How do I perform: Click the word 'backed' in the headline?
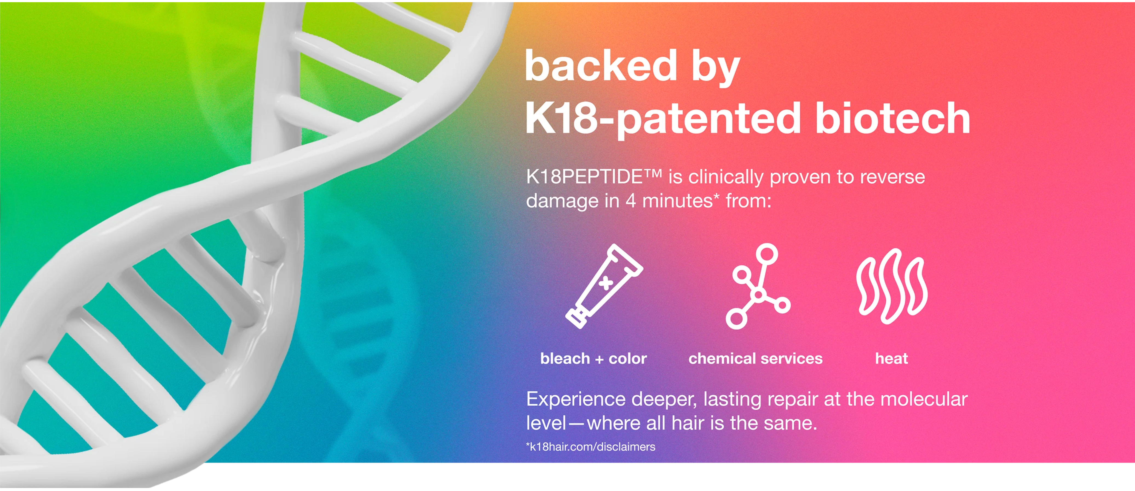tap(601, 66)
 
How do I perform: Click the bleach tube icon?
tap(604, 286)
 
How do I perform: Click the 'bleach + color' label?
tap(594, 359)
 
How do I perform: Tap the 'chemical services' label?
tap(755, 359)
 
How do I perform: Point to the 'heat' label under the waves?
tap(891, 359)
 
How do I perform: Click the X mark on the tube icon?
tap(606, 282)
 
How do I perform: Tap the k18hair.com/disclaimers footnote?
tap(590, 447)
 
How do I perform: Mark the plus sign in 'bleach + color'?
tap(599, 359)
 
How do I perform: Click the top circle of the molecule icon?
tap(767, 254)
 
